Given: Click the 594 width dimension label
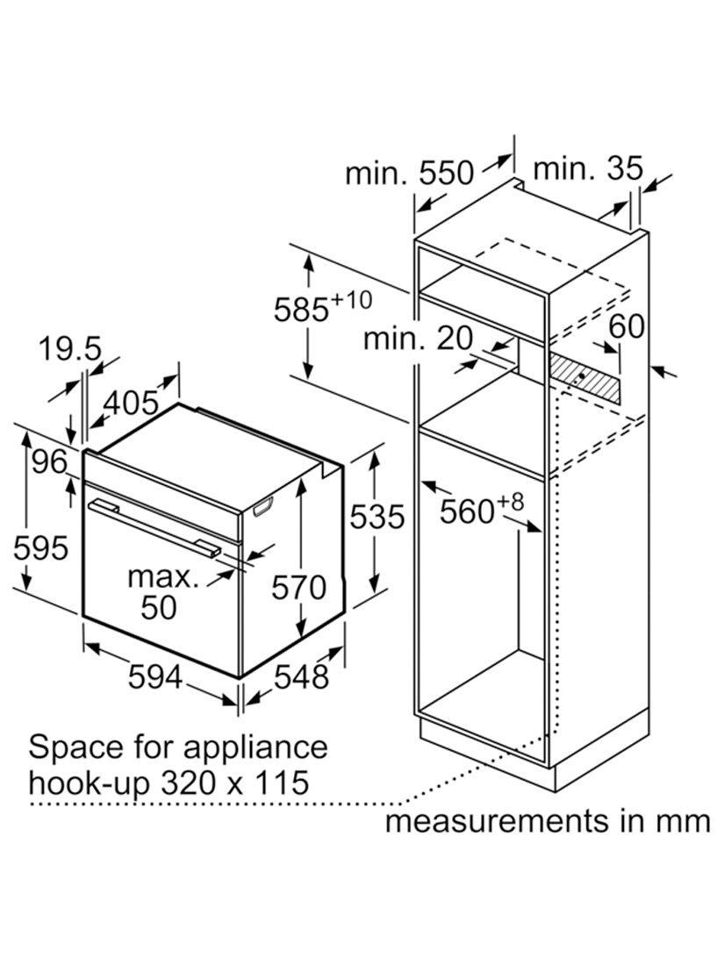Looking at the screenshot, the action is [155, 677].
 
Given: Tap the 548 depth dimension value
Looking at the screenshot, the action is [301, 677].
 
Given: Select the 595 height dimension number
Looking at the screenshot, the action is [41, 547].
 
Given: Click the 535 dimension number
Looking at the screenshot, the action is [377, 517].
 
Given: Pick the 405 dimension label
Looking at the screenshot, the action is [131, 404].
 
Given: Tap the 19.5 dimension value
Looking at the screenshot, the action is [69, 349].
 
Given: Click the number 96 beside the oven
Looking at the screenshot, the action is [50, 461].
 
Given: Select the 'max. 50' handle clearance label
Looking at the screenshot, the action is [160, 591].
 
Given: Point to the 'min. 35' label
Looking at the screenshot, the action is [588, 168].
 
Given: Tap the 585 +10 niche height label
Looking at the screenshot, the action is [323, 307].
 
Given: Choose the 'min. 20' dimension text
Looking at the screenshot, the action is [419, 338].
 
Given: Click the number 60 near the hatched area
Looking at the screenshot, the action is [627, 326].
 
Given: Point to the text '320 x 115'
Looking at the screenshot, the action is [234, 783].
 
